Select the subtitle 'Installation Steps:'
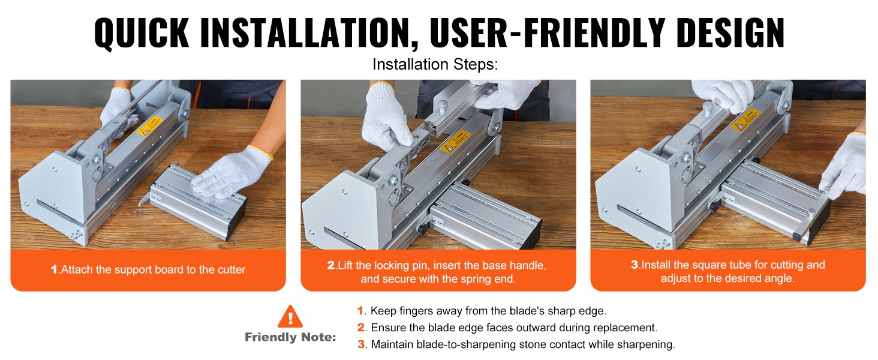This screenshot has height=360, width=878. pos(435,64)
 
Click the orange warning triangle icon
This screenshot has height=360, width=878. pos(290,317)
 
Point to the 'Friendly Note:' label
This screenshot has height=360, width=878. pos(290,337)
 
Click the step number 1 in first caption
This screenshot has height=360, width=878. pos(54,269)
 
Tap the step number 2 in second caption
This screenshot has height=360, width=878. pos(331,265)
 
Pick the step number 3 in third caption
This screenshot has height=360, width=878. pos(635,265)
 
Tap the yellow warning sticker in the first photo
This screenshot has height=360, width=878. pos(150,126)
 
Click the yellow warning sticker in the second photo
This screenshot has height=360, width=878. pos(455,142)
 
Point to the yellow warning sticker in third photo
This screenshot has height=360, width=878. pos(745,119)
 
